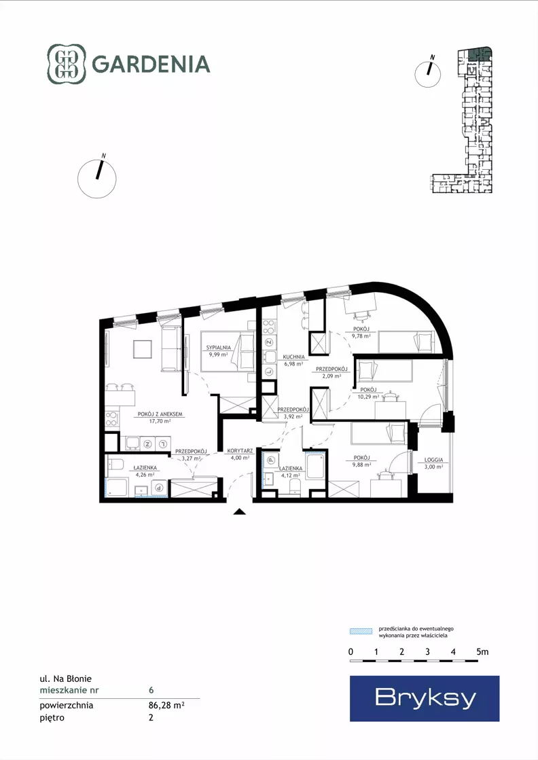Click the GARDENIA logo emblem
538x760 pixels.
[67, 64]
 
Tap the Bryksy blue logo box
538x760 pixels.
[425, 698]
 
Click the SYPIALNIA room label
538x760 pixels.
[219, 348]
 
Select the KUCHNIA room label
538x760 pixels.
[294, 357]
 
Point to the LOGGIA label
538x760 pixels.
[434, 460]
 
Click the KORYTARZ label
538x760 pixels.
[240, 451]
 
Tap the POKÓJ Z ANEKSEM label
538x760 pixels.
[160, 414]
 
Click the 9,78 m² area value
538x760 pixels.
[361, 336]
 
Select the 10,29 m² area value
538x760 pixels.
[368, 397]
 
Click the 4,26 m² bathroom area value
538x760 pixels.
[145, 475]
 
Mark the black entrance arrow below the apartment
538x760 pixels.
[239, 511]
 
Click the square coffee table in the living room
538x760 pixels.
[143, 349]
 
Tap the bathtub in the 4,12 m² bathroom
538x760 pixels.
[315, 466]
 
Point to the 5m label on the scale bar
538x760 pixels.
[482, 652]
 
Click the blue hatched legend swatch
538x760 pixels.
[361, 631]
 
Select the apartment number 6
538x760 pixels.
[151, 690]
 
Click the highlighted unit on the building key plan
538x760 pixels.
[480, 54]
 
